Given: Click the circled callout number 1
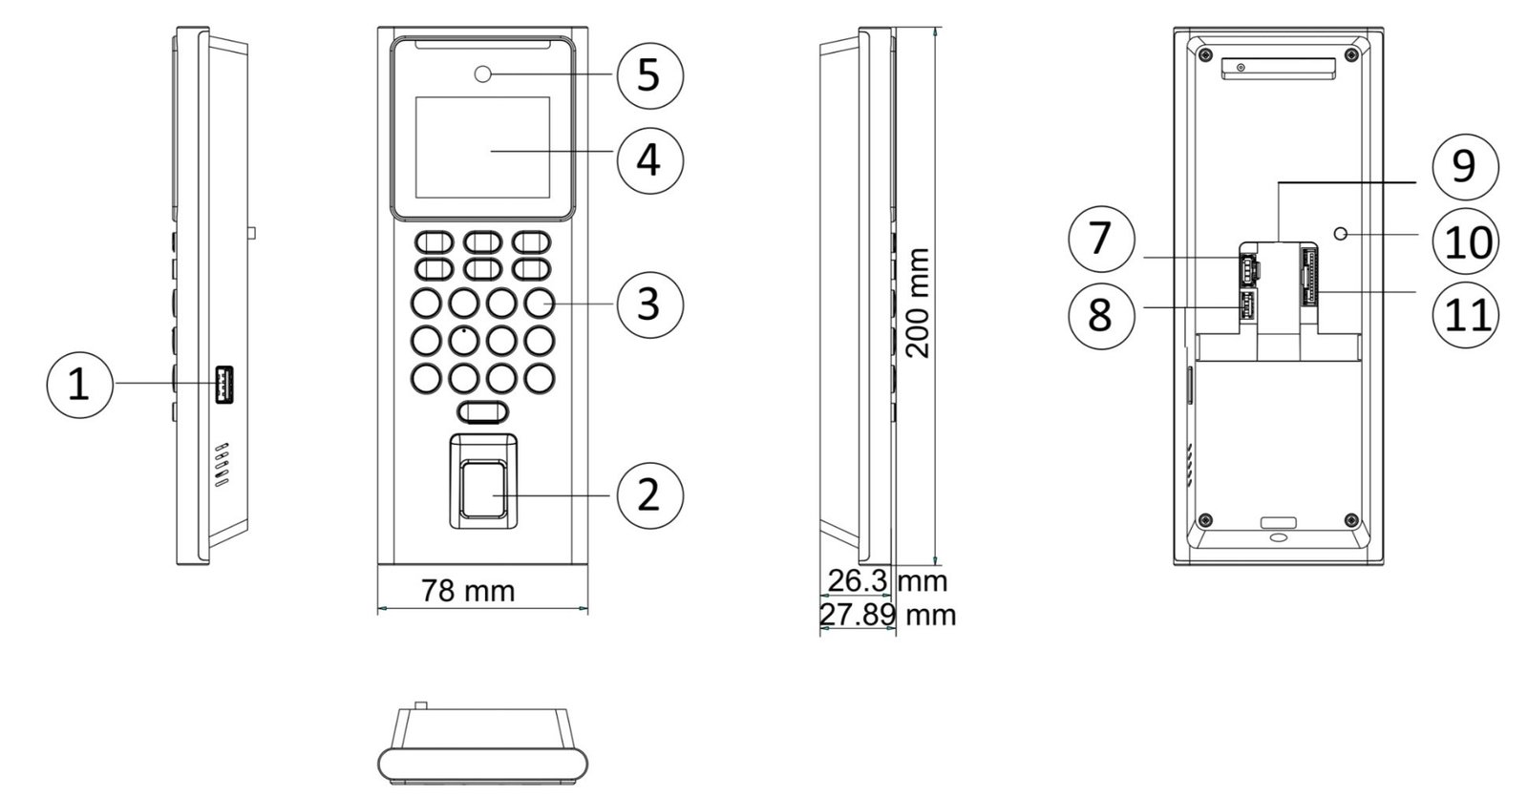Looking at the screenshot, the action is tap(80, 385).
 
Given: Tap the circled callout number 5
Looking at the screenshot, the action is tap(649, 75).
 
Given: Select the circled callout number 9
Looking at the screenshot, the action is tap(1465, 166).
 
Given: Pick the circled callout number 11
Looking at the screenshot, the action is tap(1466, 315).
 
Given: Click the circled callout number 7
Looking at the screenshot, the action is tap(1101, 240).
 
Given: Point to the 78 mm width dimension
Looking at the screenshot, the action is tap(468, 591).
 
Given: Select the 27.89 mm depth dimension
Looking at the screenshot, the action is tap(887, 615).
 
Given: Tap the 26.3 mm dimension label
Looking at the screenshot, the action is tap(887, 581).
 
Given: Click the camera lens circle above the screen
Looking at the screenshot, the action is tap(483, 73).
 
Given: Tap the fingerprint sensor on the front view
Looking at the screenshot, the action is tap(483, 488).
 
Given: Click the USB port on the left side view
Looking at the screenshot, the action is tap(224, 384).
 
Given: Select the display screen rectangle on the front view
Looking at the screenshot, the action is tap(482, 147).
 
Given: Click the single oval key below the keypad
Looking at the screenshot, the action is tap(483, 412).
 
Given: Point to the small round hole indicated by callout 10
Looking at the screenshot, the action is tap(1341, 234).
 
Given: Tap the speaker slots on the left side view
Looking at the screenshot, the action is tap(222, 465).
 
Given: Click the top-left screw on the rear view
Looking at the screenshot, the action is tap(1206, 53).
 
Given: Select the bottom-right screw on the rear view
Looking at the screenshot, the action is tap(1350, 521).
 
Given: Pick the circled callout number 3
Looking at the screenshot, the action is tap(649, 304).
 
